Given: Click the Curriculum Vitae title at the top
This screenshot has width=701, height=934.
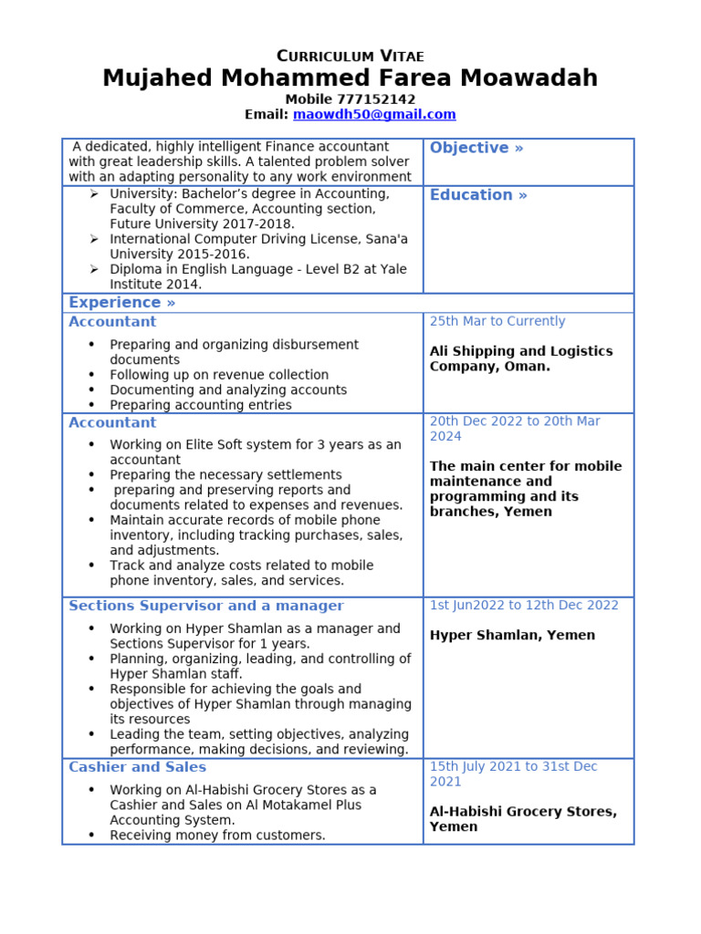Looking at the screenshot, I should (350, 57).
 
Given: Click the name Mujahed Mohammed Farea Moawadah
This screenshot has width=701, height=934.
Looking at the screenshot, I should (350, 78).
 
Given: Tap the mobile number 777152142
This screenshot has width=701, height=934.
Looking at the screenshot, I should (376, 99).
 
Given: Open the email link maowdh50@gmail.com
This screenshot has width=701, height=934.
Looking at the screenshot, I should (373, 115).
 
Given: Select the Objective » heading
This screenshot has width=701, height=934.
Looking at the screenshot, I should (476, 148).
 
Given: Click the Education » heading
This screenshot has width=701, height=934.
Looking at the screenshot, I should (478, 195).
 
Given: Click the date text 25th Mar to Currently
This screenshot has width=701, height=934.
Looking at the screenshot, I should (497, 322).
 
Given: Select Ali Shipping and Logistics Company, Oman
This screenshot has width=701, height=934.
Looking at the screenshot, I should (520, 359).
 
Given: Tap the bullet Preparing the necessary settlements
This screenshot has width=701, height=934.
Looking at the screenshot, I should (225, 475).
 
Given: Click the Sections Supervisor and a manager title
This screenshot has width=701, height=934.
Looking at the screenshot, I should (206, 606).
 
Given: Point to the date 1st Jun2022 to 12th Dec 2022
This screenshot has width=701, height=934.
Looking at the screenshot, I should (524, 606).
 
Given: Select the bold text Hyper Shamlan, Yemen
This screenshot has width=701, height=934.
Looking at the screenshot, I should (512, 636).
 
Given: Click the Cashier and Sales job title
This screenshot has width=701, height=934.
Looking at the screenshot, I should (138, 767).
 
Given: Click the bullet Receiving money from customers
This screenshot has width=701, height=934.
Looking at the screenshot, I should (217, 835).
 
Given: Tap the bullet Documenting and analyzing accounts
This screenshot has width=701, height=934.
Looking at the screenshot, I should (228, 390).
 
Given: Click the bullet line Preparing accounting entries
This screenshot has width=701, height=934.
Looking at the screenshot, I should (201, 405).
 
